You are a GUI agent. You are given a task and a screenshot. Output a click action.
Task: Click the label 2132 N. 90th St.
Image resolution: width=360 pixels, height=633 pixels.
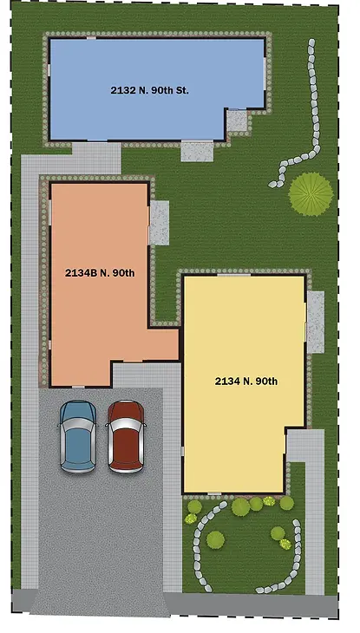point(149,90)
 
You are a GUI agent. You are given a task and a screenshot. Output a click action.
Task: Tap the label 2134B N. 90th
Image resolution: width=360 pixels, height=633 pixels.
point(100,273)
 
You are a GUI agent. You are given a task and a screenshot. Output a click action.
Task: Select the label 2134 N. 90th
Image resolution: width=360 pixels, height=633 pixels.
point(246,381)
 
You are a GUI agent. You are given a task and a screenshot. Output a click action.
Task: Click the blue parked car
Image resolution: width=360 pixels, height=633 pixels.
point(78,436)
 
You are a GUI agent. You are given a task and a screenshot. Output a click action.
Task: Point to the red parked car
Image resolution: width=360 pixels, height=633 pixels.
point(126,436)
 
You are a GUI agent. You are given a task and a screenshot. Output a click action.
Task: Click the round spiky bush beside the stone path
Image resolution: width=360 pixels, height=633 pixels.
point(311,194)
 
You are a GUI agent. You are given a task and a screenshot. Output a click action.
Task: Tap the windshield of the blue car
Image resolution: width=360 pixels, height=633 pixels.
point(78,423)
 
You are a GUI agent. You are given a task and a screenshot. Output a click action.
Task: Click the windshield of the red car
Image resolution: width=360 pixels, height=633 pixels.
point(126,423)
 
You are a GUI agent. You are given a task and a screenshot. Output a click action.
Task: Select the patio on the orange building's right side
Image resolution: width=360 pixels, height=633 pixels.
point(160,223)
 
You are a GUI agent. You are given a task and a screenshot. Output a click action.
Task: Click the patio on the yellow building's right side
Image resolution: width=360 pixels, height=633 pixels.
point(316,322)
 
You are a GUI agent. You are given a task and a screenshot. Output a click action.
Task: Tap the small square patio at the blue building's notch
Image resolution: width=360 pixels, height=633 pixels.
point(237,121)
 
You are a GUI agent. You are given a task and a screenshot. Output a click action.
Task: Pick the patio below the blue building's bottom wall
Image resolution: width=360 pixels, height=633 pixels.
point(197,151)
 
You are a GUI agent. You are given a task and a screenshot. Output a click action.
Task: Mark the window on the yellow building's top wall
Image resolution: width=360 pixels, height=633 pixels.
point(234,275)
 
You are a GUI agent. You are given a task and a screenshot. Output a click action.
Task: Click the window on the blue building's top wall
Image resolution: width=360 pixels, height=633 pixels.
point(92,38)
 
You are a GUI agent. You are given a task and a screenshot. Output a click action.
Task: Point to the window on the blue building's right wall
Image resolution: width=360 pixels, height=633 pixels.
point(265,74)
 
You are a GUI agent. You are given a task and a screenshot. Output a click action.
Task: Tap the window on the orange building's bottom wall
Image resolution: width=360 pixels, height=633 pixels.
point(78,387)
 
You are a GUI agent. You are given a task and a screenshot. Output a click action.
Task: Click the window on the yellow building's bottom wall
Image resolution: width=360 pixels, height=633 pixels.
point(214,493)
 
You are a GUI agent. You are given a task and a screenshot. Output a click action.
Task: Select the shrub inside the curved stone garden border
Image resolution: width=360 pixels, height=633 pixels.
point(215,539)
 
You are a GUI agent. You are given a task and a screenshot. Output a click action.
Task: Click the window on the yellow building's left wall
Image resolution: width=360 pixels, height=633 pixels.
point(183,451)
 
